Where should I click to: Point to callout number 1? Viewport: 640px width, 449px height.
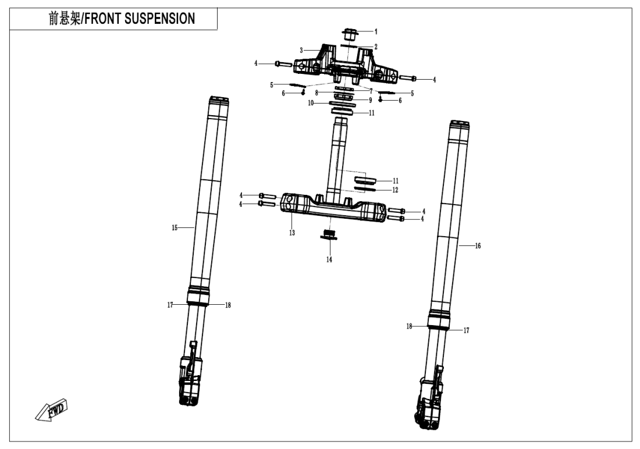(376, 31)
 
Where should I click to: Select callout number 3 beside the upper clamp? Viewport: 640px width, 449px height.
(301, 51)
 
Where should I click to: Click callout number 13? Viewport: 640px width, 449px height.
(292, 233)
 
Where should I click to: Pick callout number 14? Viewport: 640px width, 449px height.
(329, 259)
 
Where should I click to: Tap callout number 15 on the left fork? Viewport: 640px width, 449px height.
(174, 229)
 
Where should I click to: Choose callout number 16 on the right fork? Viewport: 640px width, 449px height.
(478, 246)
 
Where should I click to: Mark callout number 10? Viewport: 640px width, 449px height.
(311, 103)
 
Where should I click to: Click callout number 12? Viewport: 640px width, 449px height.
(395, 190)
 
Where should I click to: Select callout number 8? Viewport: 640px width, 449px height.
(317, 92)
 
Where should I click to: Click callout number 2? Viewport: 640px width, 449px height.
(376, 47)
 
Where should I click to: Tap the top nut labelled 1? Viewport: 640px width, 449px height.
(350, 34)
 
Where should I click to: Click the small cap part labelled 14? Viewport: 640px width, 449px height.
(330, 234)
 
